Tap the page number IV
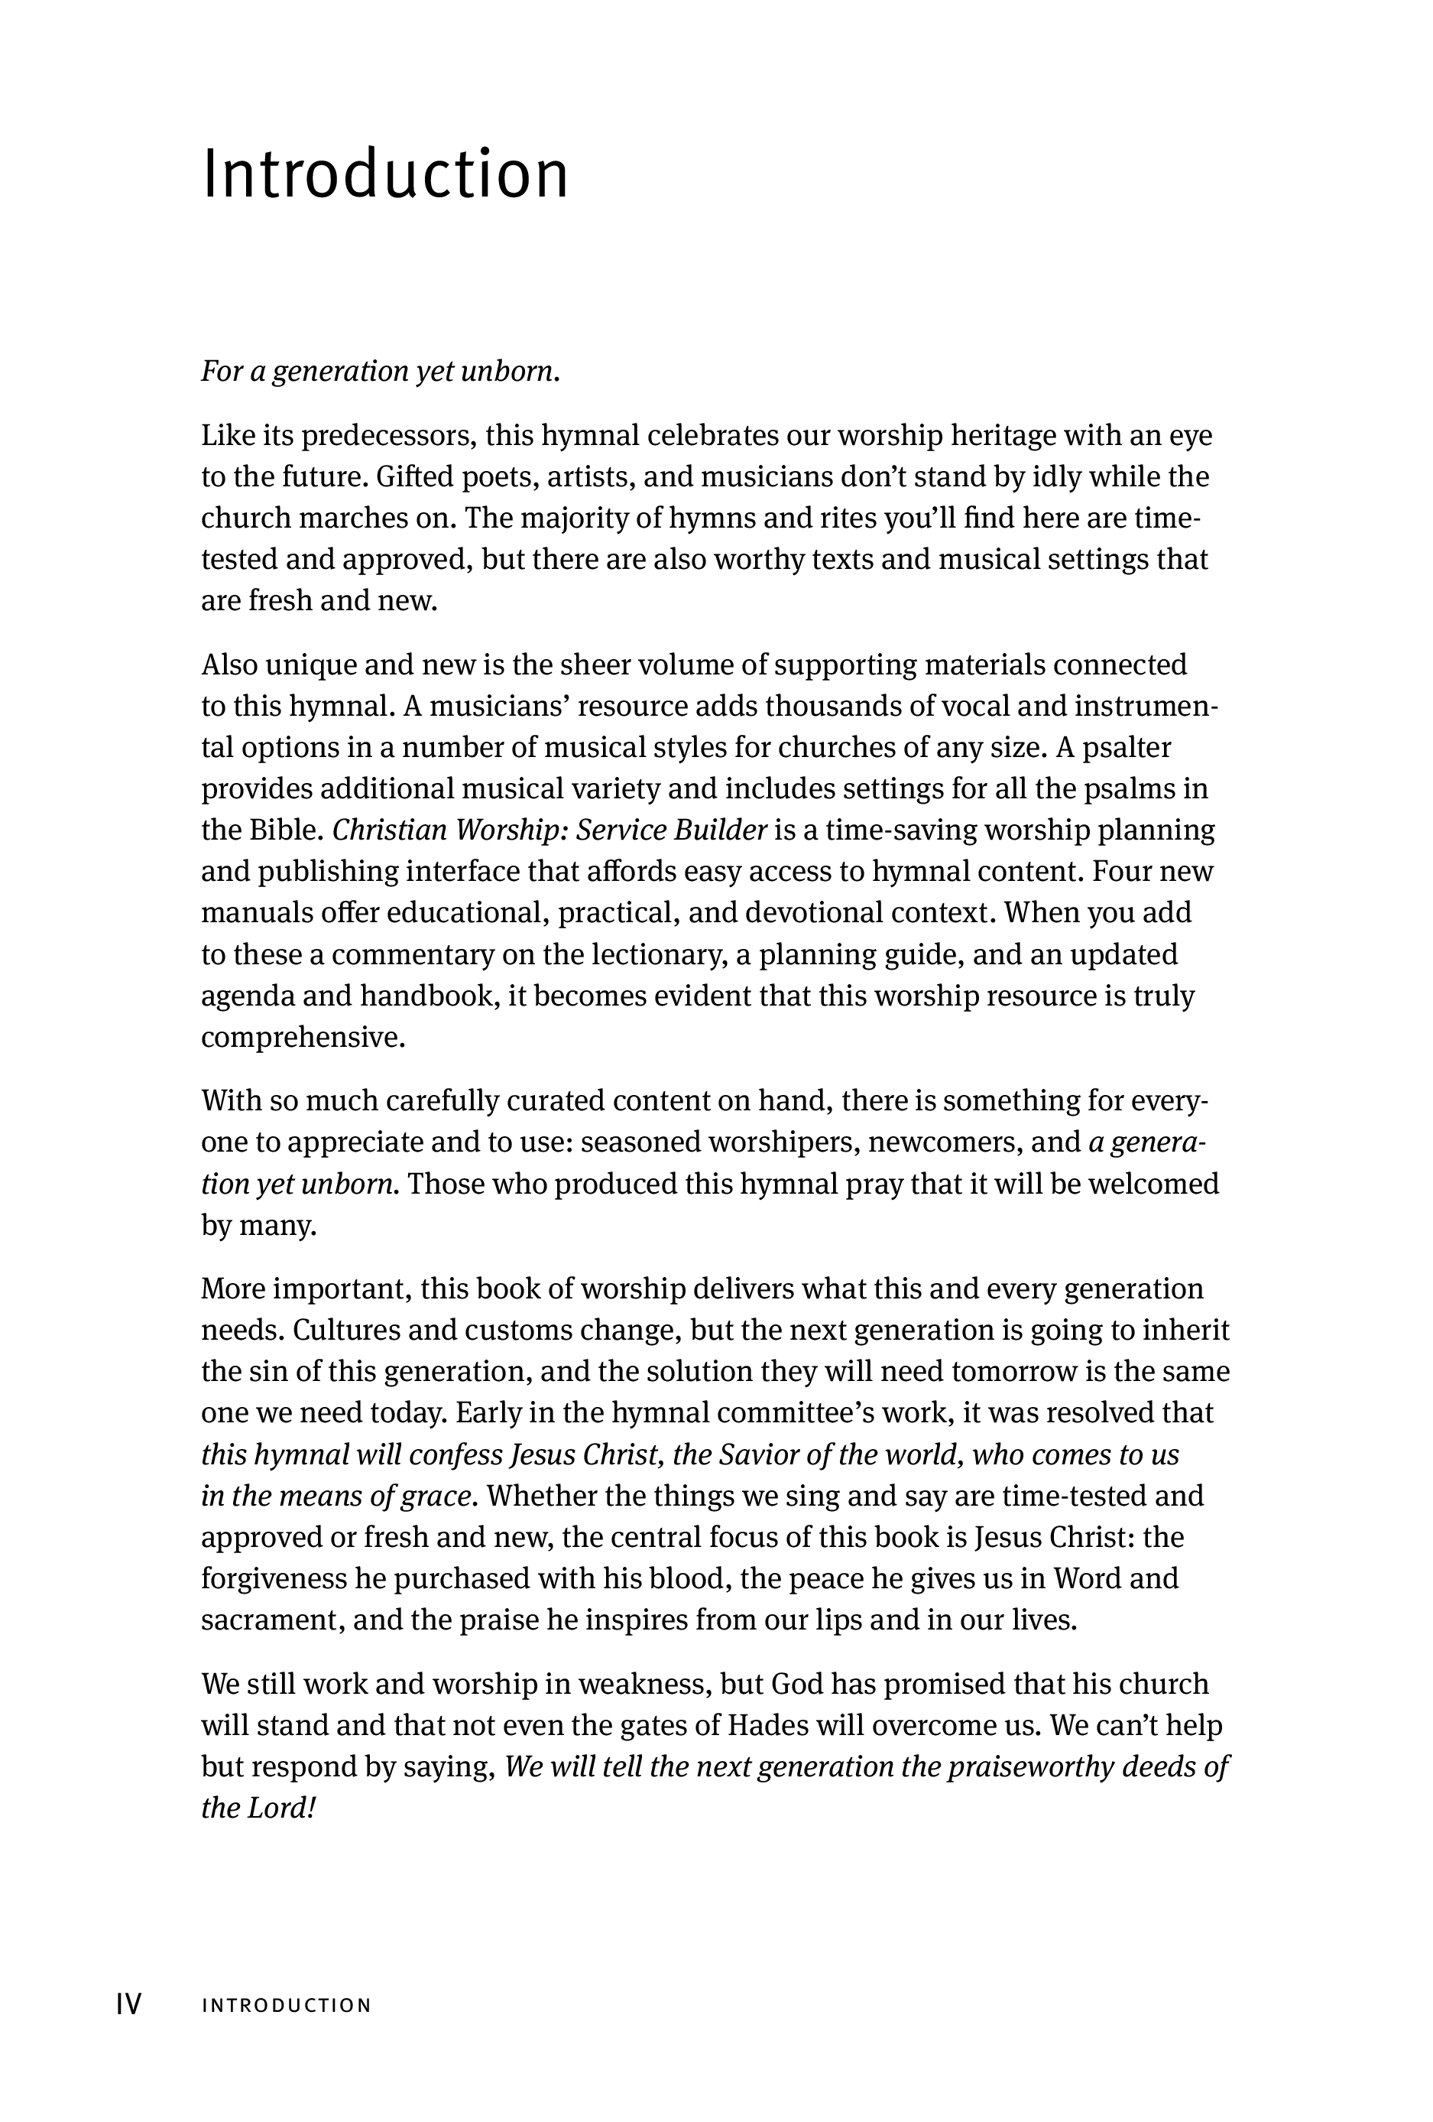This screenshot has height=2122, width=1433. pyautogui.click(x=128, y=2004)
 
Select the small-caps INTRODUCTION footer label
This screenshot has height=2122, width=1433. pyautogui.click(x=287, y=2005)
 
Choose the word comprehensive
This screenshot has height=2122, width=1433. pyautogui.click(x=301, y=1037)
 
